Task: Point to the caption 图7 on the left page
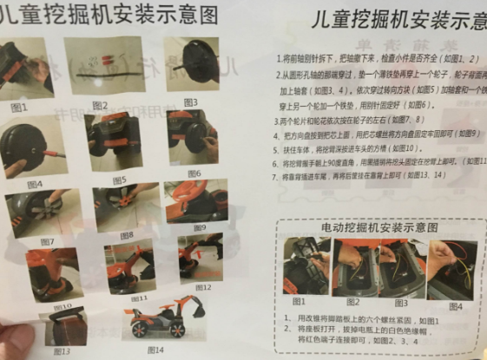click(x=47, y=241)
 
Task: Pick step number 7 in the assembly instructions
click(x=283, y=175)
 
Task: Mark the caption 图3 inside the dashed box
click(x=401, y=303)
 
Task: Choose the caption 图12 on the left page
click(x=204, y=286)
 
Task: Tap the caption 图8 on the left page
click(x=126, y=235)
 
